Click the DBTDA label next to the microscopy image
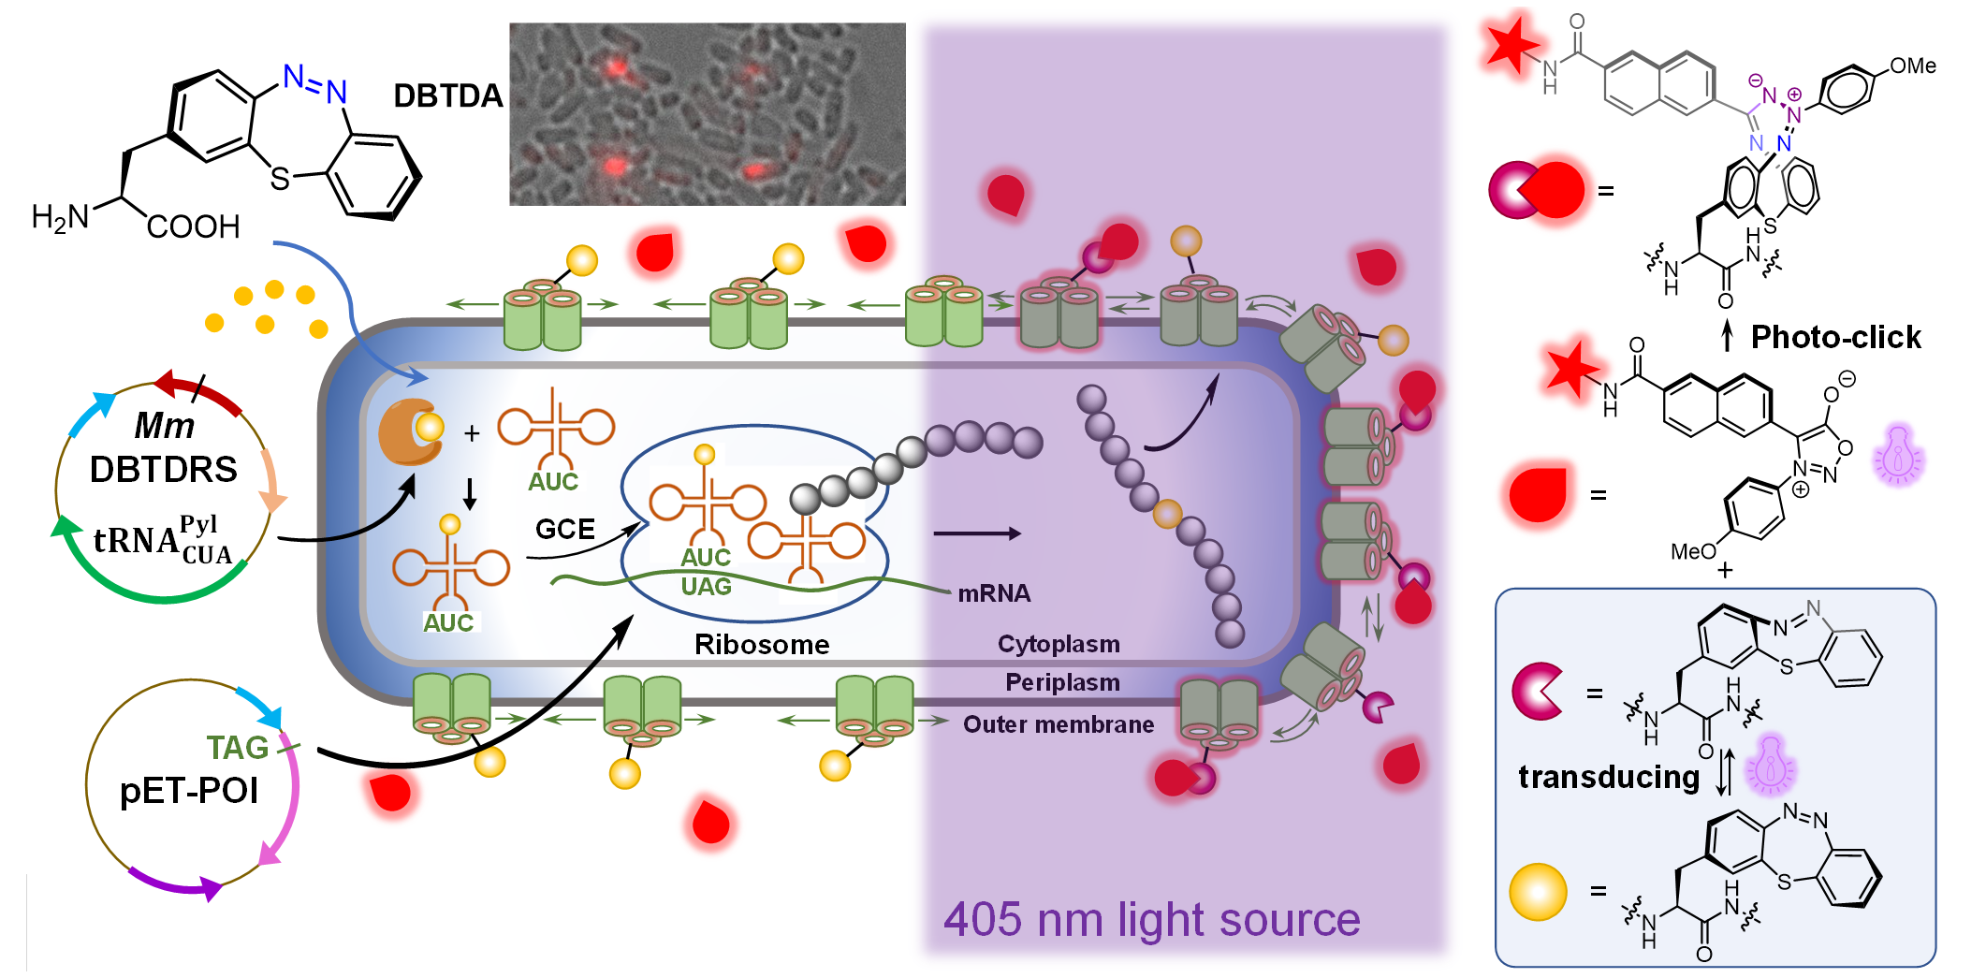(x=447, y=95)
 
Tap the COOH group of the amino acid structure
(x=193, y=226)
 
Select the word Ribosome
(x=762, y=645)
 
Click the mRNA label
(x=994, y=593)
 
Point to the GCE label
(x=565, y=530)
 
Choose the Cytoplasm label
(x=1059, y=644)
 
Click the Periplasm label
(x=1062, y=682)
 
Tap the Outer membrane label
(x=1059, y=724)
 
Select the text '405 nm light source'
(x=1151, y=919)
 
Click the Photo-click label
(x=1835, y=337)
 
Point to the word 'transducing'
(x=1608, y=777)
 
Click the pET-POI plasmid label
(x=189, y=791)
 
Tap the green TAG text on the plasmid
(x=238, y=747)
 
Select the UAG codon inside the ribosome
(x=706, y=587)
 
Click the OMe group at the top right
(x=1912, y=66)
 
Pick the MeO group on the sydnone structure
(x=1693, y=551)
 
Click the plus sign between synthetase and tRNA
(x=472, y=432)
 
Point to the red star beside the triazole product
(x=1509, y=43)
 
